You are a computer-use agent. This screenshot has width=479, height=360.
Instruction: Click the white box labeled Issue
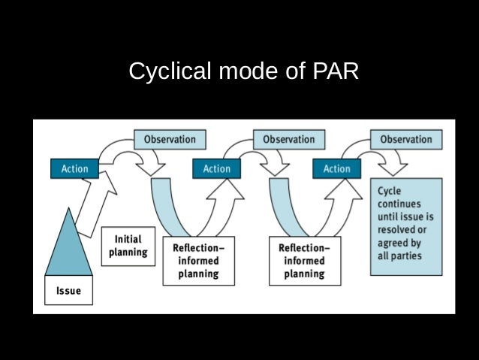coord(68,290)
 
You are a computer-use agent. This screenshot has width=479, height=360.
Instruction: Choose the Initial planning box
coord(129,246)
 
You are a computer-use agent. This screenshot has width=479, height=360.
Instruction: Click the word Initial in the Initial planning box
coord(128,239)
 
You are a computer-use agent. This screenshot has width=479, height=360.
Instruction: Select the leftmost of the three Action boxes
coord(74,169)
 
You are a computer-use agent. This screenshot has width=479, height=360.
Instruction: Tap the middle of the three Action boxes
coord(217,169)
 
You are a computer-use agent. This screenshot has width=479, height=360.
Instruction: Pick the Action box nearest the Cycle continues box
coord(336,169)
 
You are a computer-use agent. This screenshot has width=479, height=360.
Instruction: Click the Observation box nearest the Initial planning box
coord(170,139)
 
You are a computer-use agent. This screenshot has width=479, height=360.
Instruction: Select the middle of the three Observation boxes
coord(289,139)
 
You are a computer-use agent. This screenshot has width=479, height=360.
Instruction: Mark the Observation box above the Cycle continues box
coord(406,139)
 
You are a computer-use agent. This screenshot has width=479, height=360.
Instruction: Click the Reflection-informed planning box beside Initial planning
coord(198,261)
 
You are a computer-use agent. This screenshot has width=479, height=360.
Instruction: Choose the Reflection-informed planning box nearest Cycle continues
coord(304,261)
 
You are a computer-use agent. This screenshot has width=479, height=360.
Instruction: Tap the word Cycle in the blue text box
coord(389,191)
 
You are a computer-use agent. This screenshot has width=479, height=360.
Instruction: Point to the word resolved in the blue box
coord(396,230)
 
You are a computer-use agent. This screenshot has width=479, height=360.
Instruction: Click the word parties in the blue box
coord(406,256)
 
